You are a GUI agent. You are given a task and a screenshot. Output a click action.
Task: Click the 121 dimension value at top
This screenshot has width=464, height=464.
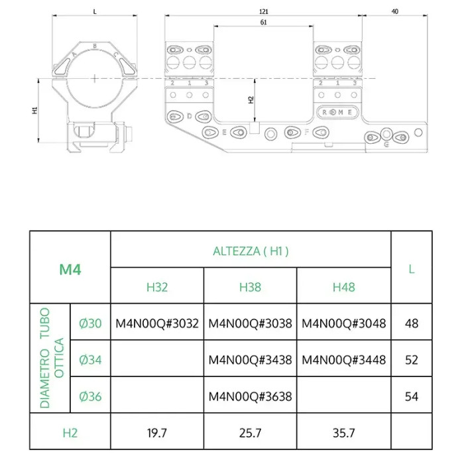point(264,11)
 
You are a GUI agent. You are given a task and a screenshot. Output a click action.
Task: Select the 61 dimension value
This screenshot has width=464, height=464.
point(264,23)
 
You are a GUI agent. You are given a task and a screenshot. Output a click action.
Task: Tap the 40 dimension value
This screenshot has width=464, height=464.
point(394,11)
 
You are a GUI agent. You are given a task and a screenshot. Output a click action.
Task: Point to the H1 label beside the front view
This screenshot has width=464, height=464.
point(35,110)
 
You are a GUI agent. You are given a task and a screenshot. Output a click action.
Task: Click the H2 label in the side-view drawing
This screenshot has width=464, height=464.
point(251,100)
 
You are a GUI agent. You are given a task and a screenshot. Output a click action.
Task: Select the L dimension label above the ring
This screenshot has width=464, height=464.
point(95,11)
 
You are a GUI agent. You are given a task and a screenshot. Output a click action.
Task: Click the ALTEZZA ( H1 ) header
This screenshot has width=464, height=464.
point(251,251)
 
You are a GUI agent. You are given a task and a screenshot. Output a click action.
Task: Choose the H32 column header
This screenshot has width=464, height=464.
point(157,287)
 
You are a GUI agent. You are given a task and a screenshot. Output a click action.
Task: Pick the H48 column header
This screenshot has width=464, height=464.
point(343,287)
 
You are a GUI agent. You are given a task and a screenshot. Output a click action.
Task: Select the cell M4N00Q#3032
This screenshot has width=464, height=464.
point(157,323)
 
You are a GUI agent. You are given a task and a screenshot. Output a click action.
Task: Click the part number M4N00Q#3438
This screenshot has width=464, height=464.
point(250,360)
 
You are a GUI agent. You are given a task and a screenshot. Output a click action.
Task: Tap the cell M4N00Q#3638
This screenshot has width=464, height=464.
point(250,396)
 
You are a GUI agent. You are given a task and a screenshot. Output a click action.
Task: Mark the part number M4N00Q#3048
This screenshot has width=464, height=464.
point(343,323)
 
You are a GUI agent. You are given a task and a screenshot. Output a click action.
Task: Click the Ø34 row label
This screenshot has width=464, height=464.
point(90,360)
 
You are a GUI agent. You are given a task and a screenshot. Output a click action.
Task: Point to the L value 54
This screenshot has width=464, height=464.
point(412,396)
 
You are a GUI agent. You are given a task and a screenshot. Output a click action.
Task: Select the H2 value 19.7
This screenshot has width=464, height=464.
point(157,433)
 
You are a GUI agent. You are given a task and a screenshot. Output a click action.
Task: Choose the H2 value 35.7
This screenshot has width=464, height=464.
point(343,433)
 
